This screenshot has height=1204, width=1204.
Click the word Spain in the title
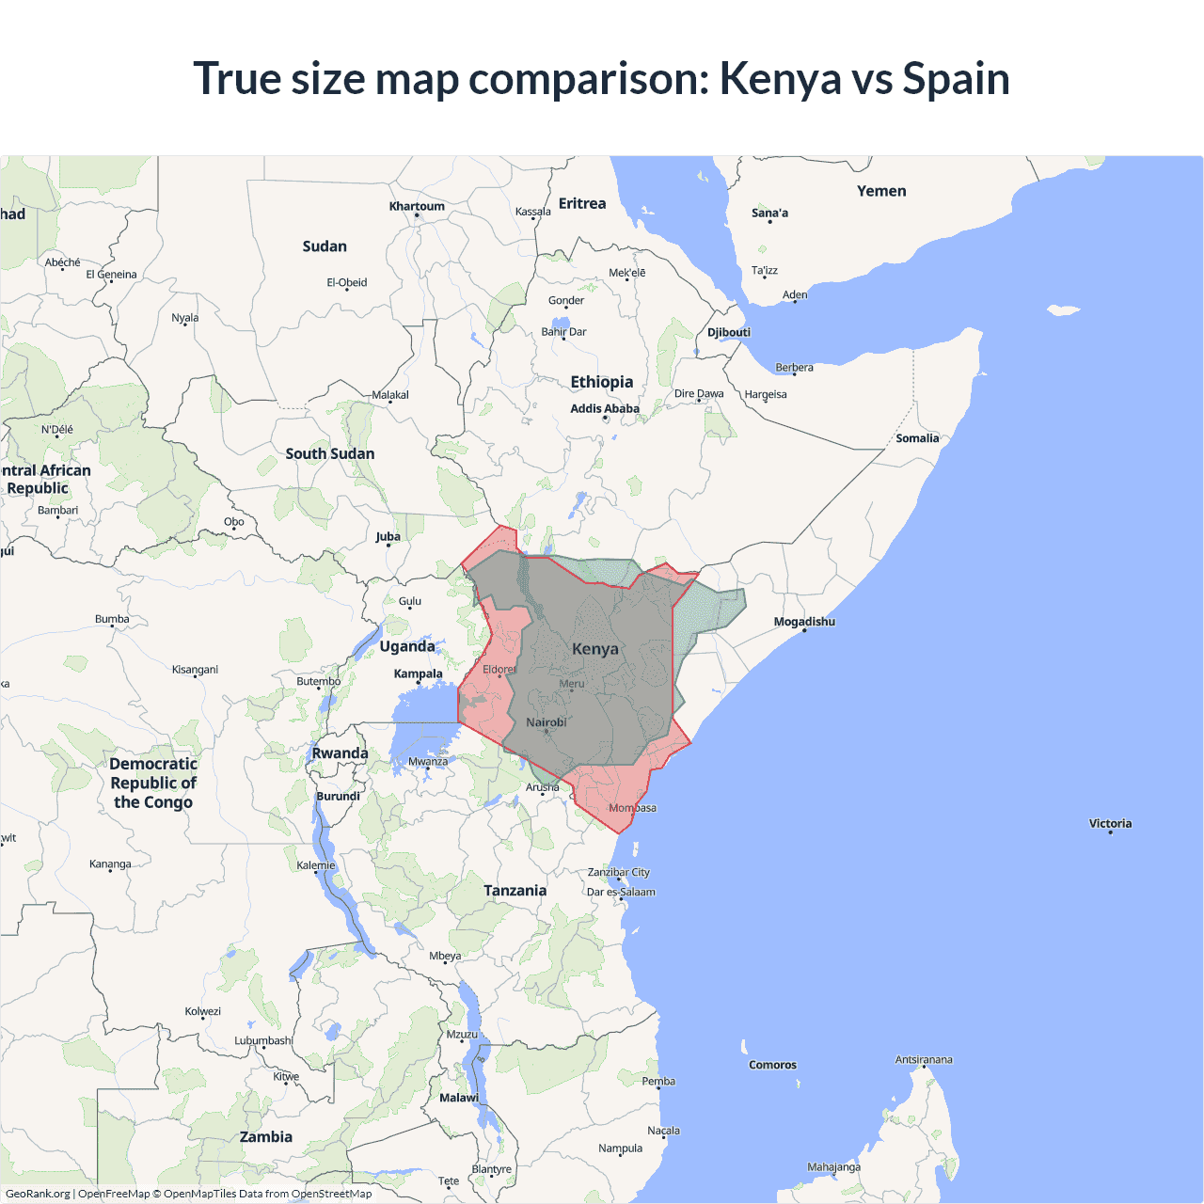[956, 79]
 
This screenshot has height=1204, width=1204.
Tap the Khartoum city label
[417, 207]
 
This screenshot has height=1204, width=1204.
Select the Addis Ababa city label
[604, 409]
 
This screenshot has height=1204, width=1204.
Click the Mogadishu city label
[804, 622]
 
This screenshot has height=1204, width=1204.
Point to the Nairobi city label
[547, 722]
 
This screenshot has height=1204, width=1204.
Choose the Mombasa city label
[632, 808]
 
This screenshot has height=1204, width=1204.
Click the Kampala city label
[418, 673]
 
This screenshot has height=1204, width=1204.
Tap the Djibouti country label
[729, 332]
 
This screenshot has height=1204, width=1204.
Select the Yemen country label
[881, 191]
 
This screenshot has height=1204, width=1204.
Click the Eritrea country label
[582, 204]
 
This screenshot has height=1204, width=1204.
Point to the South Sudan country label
[330, 453]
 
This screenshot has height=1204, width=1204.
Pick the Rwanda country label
[340, 753]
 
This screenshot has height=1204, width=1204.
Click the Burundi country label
[338, 796]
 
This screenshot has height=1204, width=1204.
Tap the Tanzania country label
[515, 891]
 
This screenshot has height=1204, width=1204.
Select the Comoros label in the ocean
[772, 1065]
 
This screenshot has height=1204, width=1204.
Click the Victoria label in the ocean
[1110, 824]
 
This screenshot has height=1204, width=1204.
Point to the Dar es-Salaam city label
[621, 892]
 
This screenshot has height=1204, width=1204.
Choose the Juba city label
[388, 537]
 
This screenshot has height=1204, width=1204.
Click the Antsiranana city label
[923, 1060]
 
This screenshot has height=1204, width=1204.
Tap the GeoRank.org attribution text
[38, 1194]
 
